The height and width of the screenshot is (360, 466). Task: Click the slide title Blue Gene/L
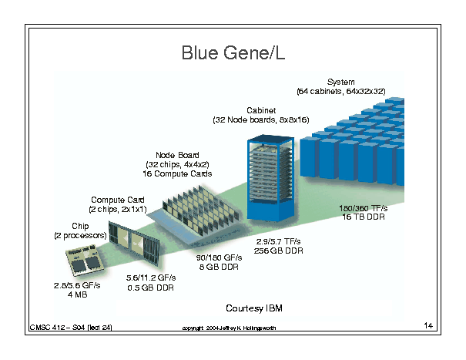(x=233, y=53)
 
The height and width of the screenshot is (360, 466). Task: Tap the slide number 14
(x=428, y=325)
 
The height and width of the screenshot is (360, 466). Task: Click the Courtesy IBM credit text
(x=254, y=308)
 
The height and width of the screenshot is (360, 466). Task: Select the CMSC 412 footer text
(x=71, y=328)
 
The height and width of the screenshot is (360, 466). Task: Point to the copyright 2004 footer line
(x=229, y=328)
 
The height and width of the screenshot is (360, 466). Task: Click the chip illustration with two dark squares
(x=85, y=260)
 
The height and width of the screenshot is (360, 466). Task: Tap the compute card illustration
(x=134, y=242)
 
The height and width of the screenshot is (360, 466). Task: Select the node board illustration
(x=196, y=215)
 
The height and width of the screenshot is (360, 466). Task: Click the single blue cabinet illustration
(x=270, y=178)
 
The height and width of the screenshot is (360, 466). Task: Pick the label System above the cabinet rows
(x=341, y=82)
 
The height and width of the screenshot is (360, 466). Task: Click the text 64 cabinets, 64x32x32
(x=341, y=91)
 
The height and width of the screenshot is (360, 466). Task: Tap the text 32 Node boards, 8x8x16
(x=261, y=120)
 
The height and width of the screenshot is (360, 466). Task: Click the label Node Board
(x=177, y=155)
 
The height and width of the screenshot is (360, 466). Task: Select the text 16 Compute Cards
(x=177, y=173)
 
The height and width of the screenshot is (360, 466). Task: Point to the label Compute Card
(x=118, y=200)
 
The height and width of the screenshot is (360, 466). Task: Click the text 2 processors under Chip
(x=80, y=236)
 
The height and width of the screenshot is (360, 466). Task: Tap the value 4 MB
(x=78, y=294)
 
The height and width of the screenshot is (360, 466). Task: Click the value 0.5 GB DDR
(x=151, y=288)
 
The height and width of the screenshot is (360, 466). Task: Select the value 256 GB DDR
(x=279, y=251)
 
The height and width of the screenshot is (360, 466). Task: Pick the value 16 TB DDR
(x=364, y=217)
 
